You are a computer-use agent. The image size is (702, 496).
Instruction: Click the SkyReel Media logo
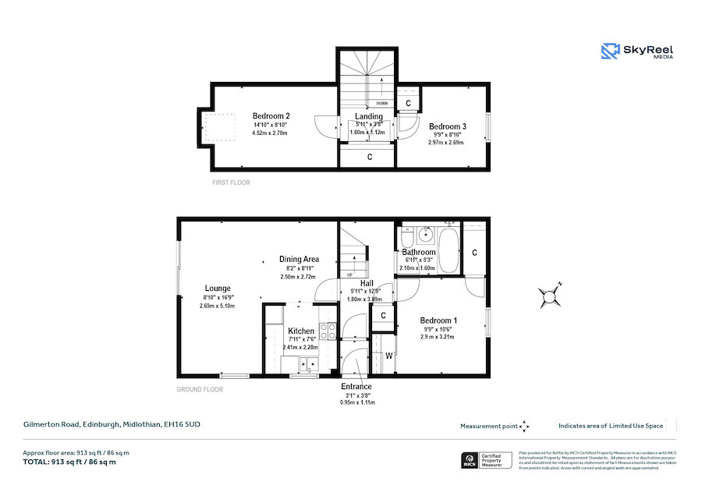[x=636, y=52]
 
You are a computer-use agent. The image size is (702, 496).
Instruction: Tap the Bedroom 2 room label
[x=270, y=116]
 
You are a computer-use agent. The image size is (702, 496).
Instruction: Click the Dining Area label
[x=300, y=259]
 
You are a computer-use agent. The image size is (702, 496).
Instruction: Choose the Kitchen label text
[x=300, y=331]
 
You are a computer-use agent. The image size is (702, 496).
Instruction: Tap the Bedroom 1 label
[x=438, y=321]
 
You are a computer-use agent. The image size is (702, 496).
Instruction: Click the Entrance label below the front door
[x=356, y=386]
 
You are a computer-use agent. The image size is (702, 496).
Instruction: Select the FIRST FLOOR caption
[x=231, y=182]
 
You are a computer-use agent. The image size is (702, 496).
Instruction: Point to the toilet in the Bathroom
[x=406, y=237]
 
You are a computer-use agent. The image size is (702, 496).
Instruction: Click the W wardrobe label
[x=389, y=356]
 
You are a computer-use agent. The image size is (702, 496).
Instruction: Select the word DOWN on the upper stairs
[x=381, y=103]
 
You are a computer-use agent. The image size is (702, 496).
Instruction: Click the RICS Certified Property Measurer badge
[x=487, y=460]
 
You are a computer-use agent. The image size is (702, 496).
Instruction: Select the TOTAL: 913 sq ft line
[x=69, y=462]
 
